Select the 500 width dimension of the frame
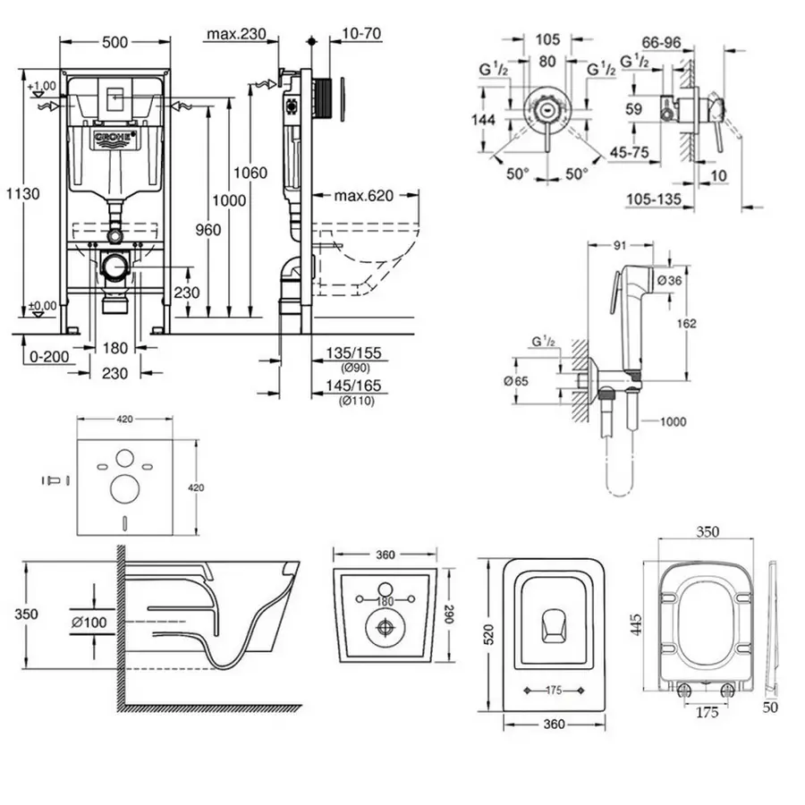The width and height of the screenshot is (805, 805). [114, 40]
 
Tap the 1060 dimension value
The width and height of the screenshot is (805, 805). [256, 173]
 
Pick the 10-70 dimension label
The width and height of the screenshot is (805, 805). [356, 34]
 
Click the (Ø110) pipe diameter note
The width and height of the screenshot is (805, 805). [356, 400]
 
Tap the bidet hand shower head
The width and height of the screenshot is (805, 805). [636, 285]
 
